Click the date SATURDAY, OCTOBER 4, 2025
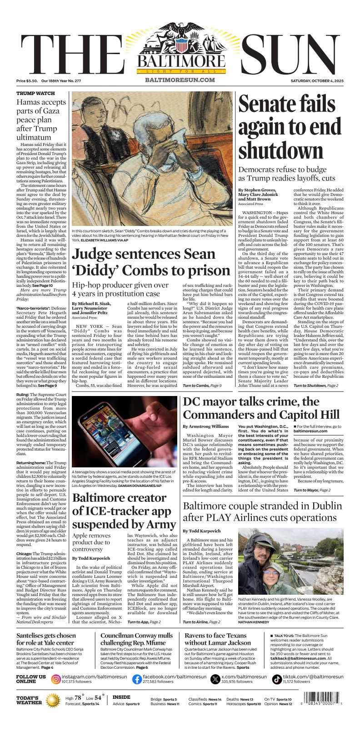(x=317, y=81)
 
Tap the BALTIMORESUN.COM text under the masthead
(x=180, y=80)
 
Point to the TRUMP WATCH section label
(x=35, y=93)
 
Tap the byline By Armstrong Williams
(x=205, y=426)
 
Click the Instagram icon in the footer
(x=56, y=679)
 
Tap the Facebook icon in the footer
(x=137, y=679)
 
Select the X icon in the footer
(x=215, y=679)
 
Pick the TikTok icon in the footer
(x=277, y=679)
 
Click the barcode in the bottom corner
(x=321, y=699)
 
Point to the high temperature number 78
(x=77, y=698)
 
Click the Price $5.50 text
(x=27, y=81)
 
